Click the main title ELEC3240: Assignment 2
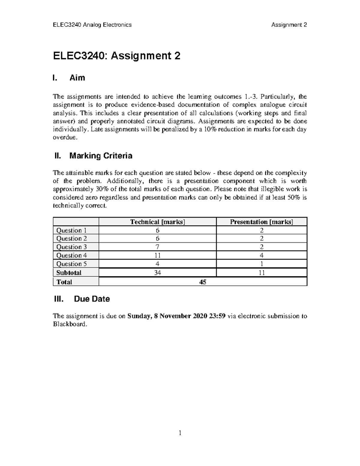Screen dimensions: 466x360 117,56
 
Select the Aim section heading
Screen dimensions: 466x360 77,78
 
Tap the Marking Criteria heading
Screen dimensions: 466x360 100,156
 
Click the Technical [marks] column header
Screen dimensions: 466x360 157,222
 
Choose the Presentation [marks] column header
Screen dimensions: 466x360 261,222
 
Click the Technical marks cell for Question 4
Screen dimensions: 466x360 157,255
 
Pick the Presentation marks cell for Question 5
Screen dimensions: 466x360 261,264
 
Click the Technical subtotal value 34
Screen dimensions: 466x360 157,272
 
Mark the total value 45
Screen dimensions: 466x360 202,282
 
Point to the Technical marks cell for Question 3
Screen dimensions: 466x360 157,247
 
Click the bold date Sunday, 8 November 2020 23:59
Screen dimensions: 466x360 176,316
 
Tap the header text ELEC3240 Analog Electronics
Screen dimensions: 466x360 92,25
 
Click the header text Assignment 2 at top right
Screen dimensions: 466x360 289,25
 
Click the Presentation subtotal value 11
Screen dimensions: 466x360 261,272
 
